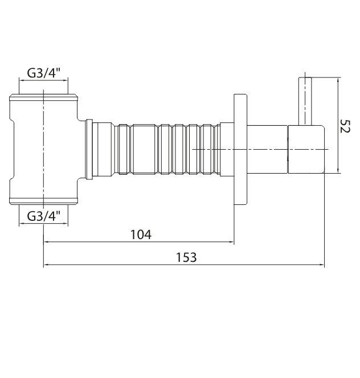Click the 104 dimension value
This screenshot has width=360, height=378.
click(141, 235)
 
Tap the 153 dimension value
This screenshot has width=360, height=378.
click(186, 257)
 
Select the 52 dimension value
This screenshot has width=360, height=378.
click(344, 126)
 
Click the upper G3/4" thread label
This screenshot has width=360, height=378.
click(43, 72)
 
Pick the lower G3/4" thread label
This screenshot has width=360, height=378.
click(43, 216)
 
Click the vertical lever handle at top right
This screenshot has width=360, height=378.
click(305, 101)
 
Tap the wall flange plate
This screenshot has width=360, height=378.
click(240, 150)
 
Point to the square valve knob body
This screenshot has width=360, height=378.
click(306, 149)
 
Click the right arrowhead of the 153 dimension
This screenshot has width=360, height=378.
click(322, 265)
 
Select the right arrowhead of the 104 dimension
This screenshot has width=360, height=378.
click(231, 242)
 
